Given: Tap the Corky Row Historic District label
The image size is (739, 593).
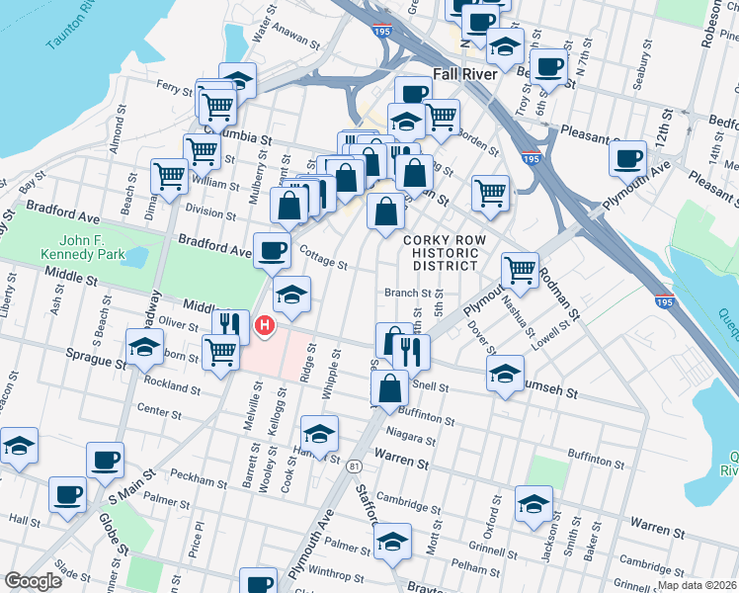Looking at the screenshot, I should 441,254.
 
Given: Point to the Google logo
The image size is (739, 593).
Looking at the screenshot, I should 33,581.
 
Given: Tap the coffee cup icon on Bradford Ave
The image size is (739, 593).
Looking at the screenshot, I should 272,249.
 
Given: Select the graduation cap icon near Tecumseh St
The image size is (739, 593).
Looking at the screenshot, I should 504,374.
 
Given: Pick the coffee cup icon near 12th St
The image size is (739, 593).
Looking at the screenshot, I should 626,158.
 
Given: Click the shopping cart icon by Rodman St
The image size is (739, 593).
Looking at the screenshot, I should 519,269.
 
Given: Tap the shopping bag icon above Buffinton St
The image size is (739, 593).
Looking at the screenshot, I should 390,388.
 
